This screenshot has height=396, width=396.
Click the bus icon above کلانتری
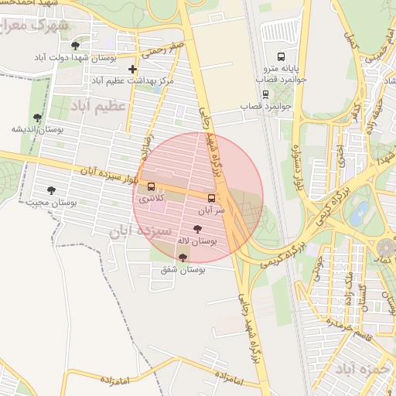[151, 186]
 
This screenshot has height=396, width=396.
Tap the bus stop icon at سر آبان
[211, 198]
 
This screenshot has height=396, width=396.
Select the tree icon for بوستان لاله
[197, 229]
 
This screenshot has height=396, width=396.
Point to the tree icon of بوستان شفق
[183, 258]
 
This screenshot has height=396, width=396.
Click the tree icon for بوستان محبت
[51, 190]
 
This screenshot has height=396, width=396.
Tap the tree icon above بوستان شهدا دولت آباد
[75, 46]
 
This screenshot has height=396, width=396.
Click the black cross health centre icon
[133, 69]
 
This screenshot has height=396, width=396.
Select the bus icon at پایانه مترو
[280, 56]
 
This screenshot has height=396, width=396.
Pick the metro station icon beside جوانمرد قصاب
[265, 94]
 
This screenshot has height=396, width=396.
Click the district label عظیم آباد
[98, 104]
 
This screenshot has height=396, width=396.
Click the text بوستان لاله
[197, 241]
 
